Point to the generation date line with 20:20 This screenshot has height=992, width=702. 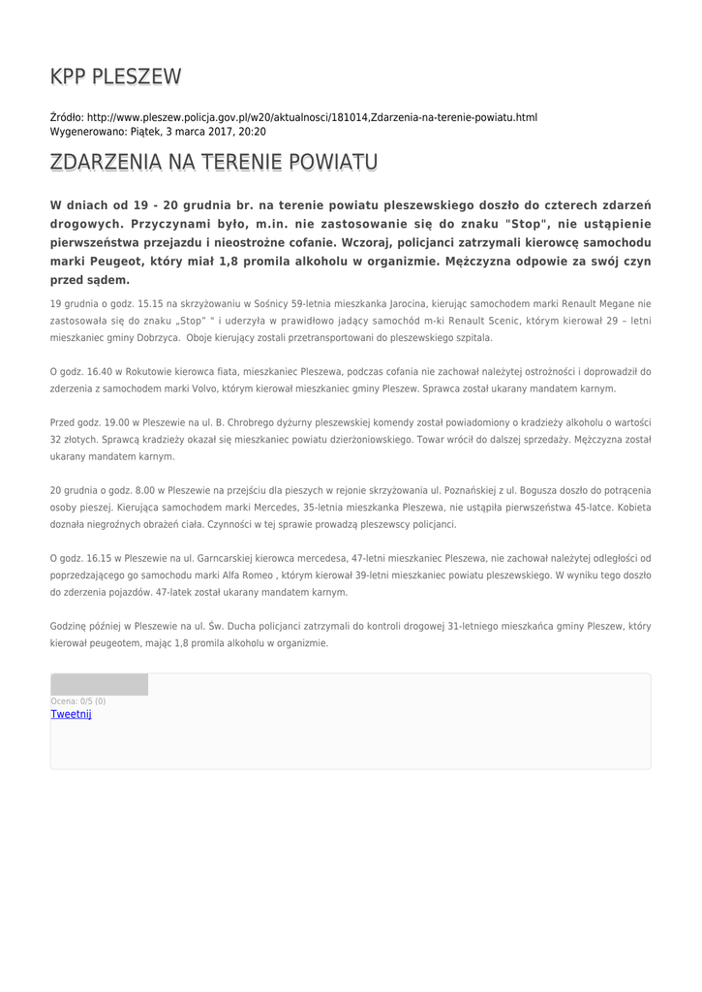coord(158,132)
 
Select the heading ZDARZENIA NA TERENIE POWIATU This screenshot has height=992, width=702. coord(213,162)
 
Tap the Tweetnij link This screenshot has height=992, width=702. coord(71,714)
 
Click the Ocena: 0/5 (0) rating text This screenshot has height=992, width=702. coord(78,700)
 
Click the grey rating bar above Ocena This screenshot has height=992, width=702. coord(99,685)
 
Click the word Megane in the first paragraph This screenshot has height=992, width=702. coord(599,304)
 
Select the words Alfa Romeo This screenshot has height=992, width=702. coord(236,574)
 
